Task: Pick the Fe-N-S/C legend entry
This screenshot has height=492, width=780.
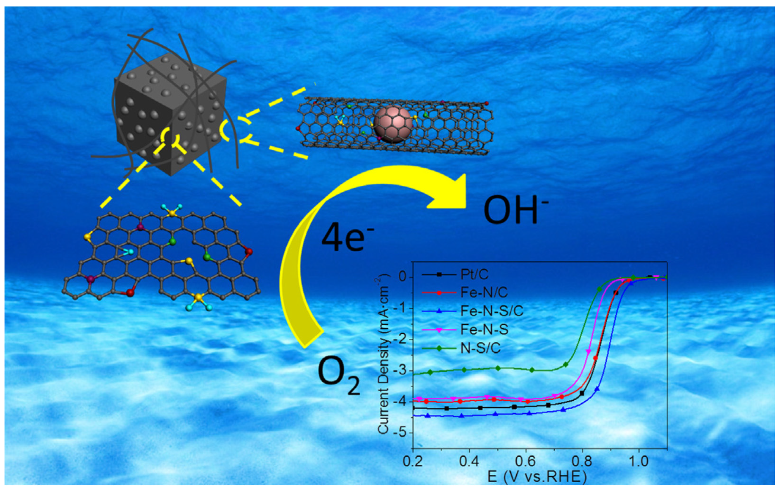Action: pyautogui.click(x=492, y=311)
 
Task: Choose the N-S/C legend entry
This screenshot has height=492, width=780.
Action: pyautogui.click(x=480, y=348)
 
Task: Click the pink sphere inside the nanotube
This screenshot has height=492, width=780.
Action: pyautogui.click(x=393, y=125)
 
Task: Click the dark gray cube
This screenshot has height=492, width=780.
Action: pyautogui.click(x=170, y=113)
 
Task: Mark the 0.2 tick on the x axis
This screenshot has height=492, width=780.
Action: pyautogui.click(x=413, y=461)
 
